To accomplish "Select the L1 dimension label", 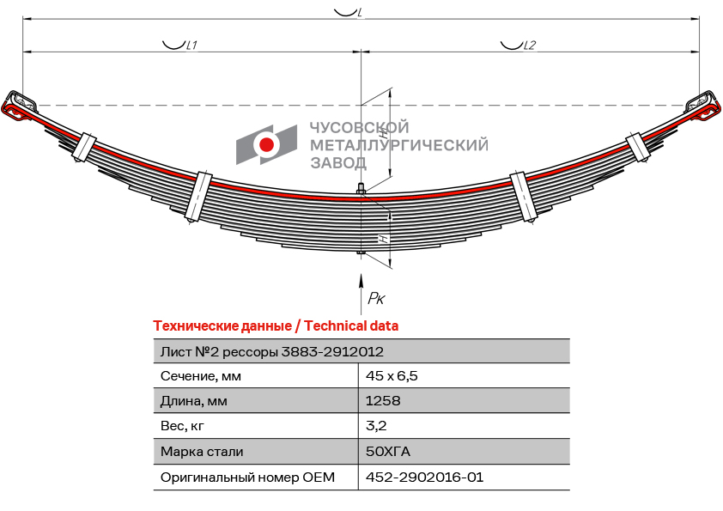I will [x=191, y=46].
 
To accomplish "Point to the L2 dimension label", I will [x=529, y=46].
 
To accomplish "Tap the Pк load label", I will [x=376, y=299].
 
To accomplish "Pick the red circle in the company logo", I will [x=267, y=144].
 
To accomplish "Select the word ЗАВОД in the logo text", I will [x=337, y=162].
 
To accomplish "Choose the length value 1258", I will [x=383, y=401].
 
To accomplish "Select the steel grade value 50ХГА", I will [x=389, y=452].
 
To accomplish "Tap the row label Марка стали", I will [x=202, y=452].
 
